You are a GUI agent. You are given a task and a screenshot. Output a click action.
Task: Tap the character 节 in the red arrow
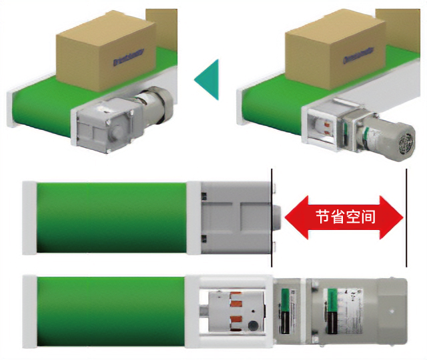[x=322, y=217]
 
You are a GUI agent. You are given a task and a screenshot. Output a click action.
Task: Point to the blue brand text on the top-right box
[x=359, y=55]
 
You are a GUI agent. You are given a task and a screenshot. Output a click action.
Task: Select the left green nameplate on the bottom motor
[x=288, y=310]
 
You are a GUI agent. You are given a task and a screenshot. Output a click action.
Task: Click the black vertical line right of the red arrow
[x=406, y=217]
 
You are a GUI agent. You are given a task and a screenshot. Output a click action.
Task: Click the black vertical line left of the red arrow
[x=272, y=217]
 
